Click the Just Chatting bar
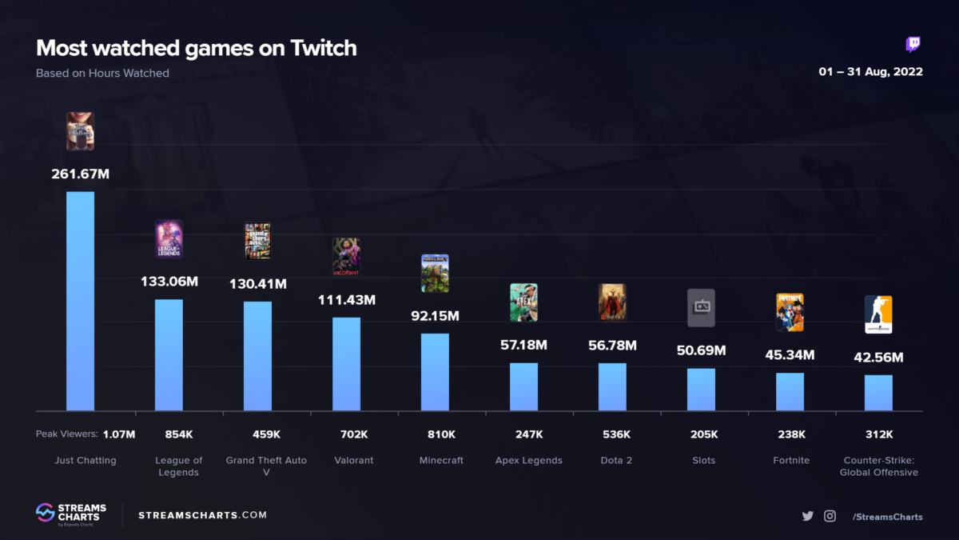tap(80, 301)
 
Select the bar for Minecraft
tap(435, 372)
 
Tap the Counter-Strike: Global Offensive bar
tap(878, 393)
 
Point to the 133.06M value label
tap(169, 283)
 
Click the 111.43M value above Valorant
tap(346, 300)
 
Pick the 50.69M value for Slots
tap(701, 350)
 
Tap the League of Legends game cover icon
tap(169, 239)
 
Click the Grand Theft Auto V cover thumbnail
tap(257, 241)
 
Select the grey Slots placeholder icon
tap(701, 308)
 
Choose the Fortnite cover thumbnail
tap(790, 312)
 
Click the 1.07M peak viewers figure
tap(119, 434)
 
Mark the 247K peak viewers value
tap(528, 434)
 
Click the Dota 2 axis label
tap(616, 460)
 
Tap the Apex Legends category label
tap(528, 460)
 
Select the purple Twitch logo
tap(913, 44)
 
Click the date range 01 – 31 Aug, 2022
tap(870, 72)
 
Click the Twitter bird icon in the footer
tap(807, 516)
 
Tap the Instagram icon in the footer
tap(830, 516)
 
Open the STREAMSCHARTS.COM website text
tap(203, 515)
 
